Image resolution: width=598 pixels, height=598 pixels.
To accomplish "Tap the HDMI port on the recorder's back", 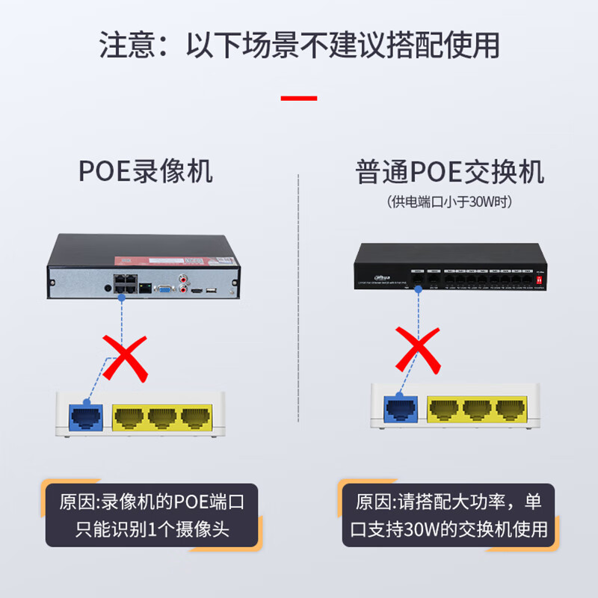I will point(197,289).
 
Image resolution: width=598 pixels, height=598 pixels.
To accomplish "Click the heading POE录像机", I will point(146,171).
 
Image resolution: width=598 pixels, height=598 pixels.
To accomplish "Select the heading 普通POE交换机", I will point(449,171).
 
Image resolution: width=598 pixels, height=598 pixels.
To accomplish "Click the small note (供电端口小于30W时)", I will point(450,202).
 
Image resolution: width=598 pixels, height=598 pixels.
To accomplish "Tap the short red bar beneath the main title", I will point(298,98).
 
